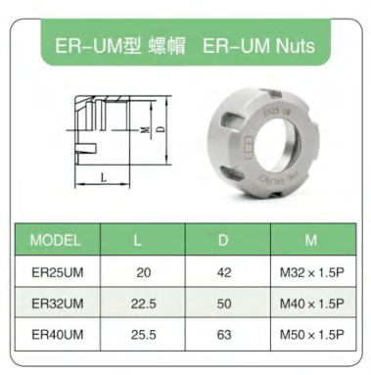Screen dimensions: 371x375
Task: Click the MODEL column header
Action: tap(55, 240)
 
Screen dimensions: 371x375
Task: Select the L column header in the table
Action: tap(137, 240)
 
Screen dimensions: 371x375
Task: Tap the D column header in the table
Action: tap(223, 240)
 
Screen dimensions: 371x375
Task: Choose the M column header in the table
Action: tap(310, 240)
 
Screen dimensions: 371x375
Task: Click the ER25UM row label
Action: tap(58, 272)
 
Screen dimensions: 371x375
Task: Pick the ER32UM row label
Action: tap(58, 304)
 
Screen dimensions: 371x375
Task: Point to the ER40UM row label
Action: tap(58, 335)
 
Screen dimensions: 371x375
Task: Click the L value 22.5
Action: tap(144, 304)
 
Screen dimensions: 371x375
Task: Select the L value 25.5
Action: tap(144, 335)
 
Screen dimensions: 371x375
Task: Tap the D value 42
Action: tap(224, 272)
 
